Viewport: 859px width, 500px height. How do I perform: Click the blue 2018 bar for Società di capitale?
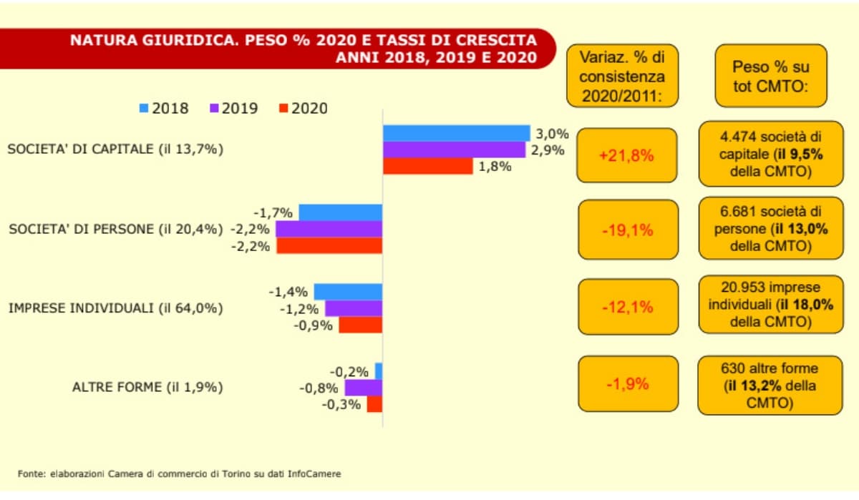pos(456,133)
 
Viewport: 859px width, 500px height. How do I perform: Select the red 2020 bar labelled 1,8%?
pos(427,166)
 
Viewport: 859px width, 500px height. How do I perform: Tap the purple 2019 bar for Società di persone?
pos(329,229)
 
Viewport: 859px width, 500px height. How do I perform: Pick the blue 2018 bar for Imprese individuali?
pos(348,291)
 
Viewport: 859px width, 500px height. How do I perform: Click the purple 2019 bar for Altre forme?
pos(363,388)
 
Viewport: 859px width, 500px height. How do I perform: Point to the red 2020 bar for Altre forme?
pos(374,404)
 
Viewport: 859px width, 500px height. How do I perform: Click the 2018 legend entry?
pos(164,109)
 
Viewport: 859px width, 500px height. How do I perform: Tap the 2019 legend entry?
pos(233,109)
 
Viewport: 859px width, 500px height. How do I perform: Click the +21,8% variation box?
pos(626,155)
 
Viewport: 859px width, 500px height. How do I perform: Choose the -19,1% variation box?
pos(626,230)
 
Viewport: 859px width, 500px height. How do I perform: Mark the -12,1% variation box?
pos(626,307)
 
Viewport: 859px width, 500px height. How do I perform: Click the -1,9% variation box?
pos(626,383)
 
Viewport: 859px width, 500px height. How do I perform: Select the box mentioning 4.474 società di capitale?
pos(770,153)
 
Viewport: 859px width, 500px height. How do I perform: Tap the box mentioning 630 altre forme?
pos(770,386)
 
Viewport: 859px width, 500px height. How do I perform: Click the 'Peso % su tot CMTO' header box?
pos(770,76)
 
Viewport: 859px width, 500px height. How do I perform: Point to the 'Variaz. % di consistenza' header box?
pos(621,76)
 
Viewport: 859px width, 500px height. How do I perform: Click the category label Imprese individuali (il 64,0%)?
pos(115,308)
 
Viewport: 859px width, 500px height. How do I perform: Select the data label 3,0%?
pos(552,133)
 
